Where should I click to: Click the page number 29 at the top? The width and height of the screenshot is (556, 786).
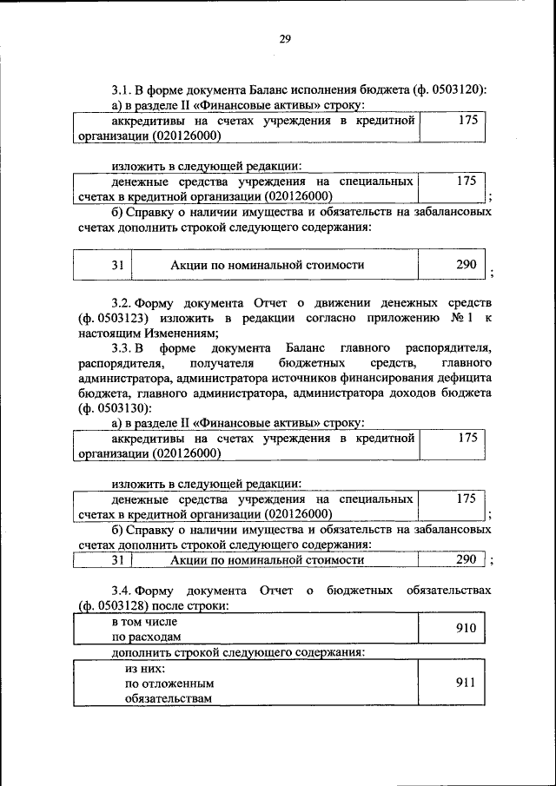(285, 38)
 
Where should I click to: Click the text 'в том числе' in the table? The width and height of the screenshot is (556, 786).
(144, 622)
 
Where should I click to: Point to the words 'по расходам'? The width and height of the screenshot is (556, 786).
(144, 637)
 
